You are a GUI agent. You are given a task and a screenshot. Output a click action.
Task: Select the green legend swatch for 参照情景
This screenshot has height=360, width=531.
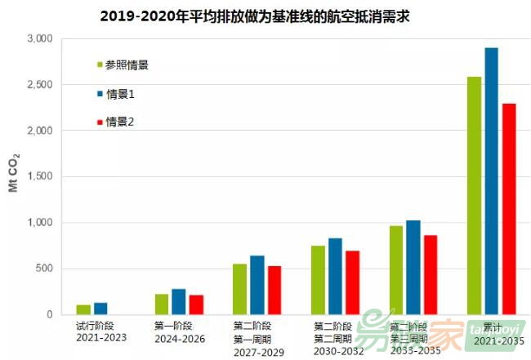[100, 64]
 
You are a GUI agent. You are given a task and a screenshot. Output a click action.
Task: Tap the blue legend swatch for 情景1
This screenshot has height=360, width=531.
[100, 94]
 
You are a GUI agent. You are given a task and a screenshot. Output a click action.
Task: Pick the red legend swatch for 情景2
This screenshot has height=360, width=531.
[100, 122]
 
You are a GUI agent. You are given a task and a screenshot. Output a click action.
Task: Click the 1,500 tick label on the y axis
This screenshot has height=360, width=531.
[39, 177]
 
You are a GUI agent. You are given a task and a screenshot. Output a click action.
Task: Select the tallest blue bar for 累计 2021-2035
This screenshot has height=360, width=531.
[491, 180]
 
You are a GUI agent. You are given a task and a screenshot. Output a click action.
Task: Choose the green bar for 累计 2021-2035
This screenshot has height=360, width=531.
[474, 195]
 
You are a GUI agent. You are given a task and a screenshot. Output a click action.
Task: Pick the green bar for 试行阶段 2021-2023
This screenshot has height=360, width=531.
[83, 309]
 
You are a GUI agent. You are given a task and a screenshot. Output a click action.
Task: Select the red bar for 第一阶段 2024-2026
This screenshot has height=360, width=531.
[196, 304]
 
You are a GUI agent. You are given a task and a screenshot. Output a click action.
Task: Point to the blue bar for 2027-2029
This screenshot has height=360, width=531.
[257, 285]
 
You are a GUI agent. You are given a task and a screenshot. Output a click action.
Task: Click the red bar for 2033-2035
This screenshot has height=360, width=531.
[431, 274]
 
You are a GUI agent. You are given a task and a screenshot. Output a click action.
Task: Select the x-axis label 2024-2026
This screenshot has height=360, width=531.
[180, 339]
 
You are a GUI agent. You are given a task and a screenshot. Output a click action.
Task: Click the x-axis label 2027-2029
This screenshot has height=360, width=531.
[258, 352]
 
